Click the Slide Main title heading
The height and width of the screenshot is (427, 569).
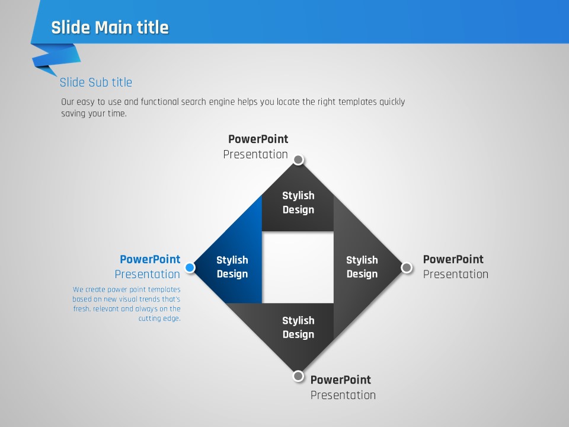(x=110, y=27)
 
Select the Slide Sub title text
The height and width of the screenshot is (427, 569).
(x=96, y=82)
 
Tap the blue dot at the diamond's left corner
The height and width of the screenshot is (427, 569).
(x=190, y=267)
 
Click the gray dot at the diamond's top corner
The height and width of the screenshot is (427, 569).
(x=298, y=160)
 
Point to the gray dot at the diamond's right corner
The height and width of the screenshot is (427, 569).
(x=407, y=267)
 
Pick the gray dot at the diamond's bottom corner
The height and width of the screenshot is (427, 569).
(x=298, y=376)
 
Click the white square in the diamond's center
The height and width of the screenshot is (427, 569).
(x=298, y=267)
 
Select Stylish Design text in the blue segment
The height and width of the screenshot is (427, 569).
(x=232, y=267)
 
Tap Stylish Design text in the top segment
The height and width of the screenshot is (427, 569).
(x=298, y=203)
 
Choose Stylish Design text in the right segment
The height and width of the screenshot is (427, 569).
(x=362, y=267)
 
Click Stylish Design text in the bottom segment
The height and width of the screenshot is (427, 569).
(x=298, y=327)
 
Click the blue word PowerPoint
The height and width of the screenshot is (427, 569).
(x=150, y=259)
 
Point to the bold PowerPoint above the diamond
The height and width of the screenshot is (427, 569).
(x=258, y=139)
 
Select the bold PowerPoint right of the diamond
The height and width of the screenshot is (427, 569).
(x=453, y=259)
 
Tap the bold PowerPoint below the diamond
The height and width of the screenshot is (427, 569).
(x=341, y=380)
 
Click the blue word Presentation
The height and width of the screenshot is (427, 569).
(x=148, y=274)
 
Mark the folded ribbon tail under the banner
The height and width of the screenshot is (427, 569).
(x=56, y=59)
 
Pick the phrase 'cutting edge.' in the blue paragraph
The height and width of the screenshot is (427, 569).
(x=159, y=318)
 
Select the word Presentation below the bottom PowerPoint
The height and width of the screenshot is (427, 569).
(x=343, y=395)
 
